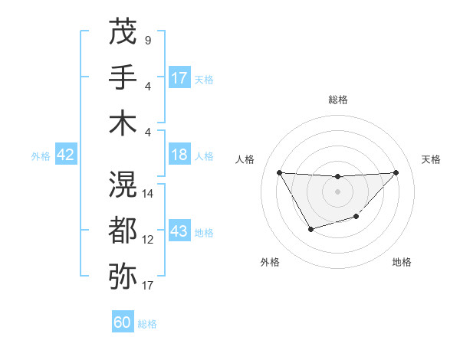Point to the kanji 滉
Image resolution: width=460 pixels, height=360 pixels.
[123, 184]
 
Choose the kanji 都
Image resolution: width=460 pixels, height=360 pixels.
[123, 230]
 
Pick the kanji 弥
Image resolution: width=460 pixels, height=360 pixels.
[123, 276]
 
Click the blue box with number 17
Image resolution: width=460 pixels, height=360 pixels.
[179, 78]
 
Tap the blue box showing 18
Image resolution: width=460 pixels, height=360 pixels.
[179, 155]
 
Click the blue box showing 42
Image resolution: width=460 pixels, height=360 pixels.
[66, 155]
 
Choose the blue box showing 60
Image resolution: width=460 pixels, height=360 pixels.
[123, 322]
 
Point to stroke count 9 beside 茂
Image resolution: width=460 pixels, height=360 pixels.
[147, 39]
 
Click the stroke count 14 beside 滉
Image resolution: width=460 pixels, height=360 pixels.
[148, 193]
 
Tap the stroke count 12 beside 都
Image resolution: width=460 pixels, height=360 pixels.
[148, 239]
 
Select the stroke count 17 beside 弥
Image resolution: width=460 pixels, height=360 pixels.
[148, 286]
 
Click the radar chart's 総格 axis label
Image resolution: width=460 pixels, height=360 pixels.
[337, 100]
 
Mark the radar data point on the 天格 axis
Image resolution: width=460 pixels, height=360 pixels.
[396, 172]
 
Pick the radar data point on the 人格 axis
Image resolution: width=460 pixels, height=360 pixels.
[279, 172]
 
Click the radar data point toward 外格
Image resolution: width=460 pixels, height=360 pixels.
[310, 229]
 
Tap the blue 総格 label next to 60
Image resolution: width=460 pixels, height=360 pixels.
[147, 324]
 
